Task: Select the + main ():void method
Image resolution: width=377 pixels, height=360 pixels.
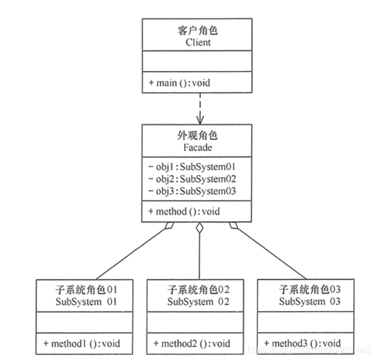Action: click(180, 83)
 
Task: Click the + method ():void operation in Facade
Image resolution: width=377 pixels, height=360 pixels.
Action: click(184, 211)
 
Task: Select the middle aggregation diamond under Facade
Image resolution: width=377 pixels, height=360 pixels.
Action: click(199, 229)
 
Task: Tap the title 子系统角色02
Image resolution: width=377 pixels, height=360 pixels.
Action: click(198, 290)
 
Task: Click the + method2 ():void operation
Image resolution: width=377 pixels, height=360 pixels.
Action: click(192, 343)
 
